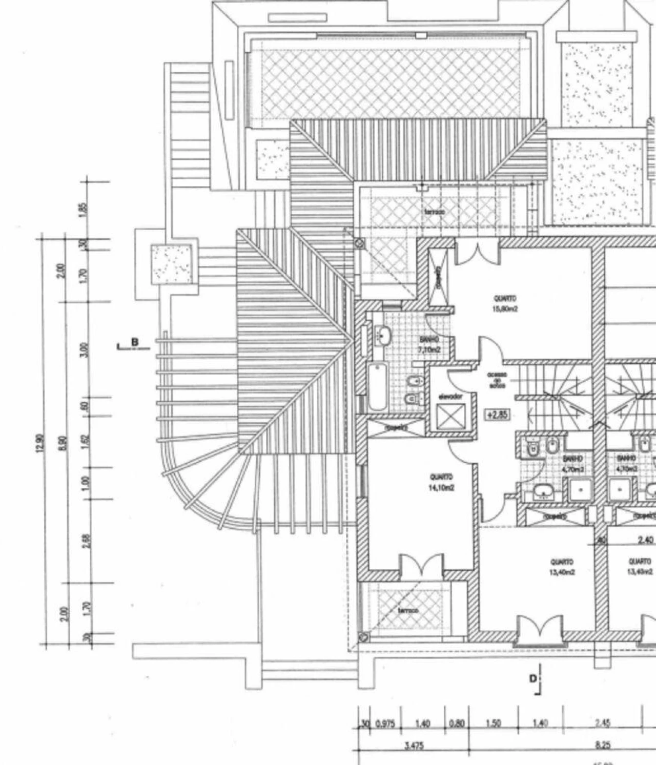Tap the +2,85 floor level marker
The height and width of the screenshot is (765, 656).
[496, 415]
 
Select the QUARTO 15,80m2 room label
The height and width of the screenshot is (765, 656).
[505, 303]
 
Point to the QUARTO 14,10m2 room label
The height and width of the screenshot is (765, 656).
[441, 482]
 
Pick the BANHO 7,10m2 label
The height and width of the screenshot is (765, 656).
[428, 344]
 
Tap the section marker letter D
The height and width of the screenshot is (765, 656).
[533, 679]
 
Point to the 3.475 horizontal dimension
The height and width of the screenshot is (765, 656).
[413, 746]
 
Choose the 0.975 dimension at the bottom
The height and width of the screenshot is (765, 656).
[384, 724]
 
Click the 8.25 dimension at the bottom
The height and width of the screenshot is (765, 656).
[602, 746]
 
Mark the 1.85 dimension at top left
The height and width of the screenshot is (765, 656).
[85, 210]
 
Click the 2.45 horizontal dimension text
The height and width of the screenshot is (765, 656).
[602, 724]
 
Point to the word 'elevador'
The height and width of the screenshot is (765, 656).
[450, 397]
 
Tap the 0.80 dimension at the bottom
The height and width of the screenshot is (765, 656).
[456, 724]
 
